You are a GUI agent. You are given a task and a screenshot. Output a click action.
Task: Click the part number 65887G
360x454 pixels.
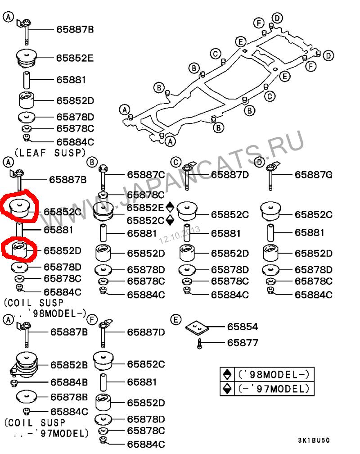pos(313,174)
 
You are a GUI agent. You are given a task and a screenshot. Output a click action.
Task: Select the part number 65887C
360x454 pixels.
pos(146,174)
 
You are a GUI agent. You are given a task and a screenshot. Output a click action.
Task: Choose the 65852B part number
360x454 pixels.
pos(69,364)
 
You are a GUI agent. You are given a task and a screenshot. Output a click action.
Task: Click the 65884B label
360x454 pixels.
pos(69,382)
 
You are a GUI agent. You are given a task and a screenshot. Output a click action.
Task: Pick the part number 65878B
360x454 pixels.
pos(69,397)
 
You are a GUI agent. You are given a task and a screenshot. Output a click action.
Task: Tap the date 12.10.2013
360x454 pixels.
pos(179,235)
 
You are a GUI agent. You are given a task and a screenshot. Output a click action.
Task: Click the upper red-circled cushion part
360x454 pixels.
pos(20,207)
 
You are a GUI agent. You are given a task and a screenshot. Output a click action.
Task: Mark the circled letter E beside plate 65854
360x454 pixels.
pos(176,319)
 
